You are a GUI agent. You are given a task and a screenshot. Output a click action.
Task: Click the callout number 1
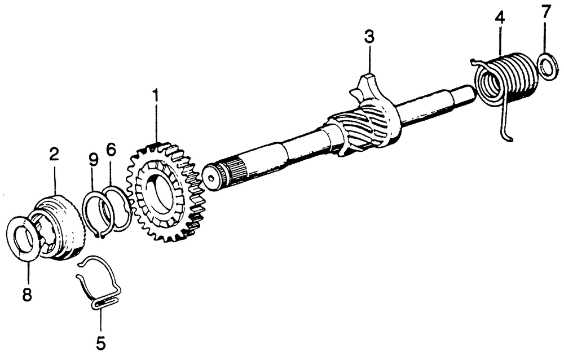(156, 97)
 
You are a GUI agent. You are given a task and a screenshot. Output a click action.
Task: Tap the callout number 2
(54, 155)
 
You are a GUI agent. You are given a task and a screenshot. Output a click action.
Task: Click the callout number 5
(101, 343)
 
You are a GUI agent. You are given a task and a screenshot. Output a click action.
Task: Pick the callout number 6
(111, 150)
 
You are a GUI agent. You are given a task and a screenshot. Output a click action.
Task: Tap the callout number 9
(93, 160)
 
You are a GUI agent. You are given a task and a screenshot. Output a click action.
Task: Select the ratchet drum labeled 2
(59, 227)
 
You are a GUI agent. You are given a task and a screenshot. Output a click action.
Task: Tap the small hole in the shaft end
(210, 177)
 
